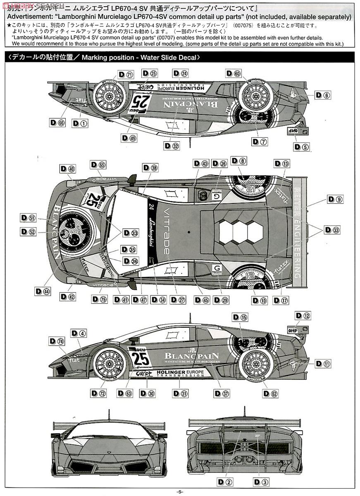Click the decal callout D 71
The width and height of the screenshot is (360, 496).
125,74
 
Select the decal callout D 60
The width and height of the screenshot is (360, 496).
233,74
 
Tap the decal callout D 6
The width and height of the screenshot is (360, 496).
322,95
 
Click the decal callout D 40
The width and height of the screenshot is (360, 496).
68,169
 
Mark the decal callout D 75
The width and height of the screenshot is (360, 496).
99,300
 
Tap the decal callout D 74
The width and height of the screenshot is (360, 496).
56,341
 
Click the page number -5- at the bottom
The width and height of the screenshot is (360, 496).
179,491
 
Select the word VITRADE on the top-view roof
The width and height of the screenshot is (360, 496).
165,231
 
